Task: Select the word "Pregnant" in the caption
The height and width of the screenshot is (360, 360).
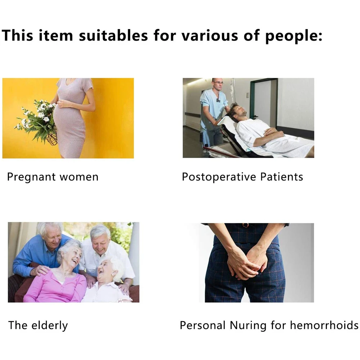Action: coord(31,177)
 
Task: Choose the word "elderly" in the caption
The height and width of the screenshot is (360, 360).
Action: coord(50,325)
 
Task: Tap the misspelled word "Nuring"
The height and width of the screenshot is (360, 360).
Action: coord(249,325)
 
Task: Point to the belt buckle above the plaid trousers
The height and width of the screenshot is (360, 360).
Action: coord(246,225)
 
